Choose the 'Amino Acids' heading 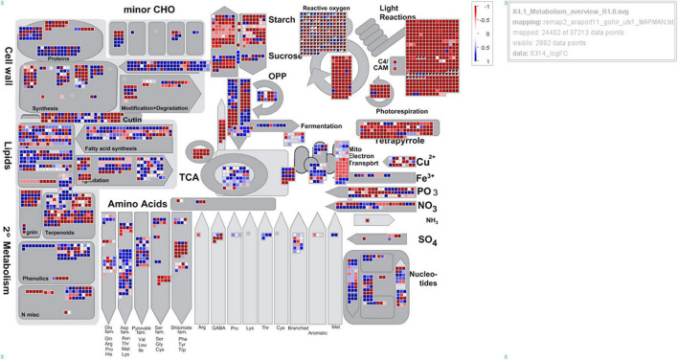137,204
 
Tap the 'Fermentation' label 321,125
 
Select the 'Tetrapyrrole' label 392,141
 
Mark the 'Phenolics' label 36,278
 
